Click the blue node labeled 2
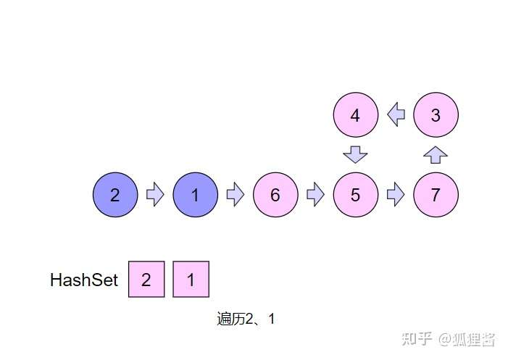click(x=115, y=195)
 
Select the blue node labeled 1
click(x=195, y=195)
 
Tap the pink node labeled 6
click(x=275, y=195)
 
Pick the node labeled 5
click(x=355, y=195)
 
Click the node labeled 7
click(x=436, y=195)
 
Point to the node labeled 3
click(x=436, y=114)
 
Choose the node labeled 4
click(x=355, y=114)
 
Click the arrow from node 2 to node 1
click(x=155, y=195)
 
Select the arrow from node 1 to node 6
click(x=235, y=195)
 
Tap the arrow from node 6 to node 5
click(x=315, y=195)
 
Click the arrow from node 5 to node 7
click(x=395, y=195)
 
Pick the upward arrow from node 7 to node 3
click(x=436, y=154)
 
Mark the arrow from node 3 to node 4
click(x=396, y=114)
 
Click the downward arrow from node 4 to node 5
click(x=355, y=154)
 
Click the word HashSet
click(x=83, y=280)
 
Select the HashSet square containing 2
click(x=146, y=279)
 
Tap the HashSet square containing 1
click(x=191, y=279)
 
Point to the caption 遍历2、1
click(x=246, y=319)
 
